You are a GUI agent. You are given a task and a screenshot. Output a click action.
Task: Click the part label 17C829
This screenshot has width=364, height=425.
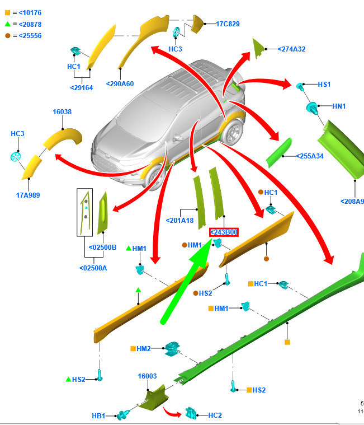pyautogui.click(x=228, y=24)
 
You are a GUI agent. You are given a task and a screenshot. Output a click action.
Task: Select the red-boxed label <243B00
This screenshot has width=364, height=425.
pyautogui.click(x=224, y=232)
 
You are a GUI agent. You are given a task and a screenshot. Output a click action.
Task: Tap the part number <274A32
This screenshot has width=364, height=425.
pyautogui.click(x=292, y=49)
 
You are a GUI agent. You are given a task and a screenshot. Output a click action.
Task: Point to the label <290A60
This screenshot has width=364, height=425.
pyautogui.click(x=120, y=84)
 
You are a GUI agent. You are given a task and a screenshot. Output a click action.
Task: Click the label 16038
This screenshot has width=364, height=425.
pyautogui.click(x=62, y=112)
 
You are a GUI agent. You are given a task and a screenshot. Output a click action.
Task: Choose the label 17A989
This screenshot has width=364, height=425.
pyautogui.click(x=28, y=195)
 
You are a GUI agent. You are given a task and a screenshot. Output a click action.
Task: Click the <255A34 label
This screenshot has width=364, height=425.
pyautogui.click(x=310, y=156)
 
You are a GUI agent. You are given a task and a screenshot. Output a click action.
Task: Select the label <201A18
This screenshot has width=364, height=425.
pyautogui.click(x=179, y=221)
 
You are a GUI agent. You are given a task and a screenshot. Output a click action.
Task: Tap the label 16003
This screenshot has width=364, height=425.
pyautogui.click(x=147, y=376)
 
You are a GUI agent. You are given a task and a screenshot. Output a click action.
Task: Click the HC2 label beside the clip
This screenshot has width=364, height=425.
pyautogui.click(x=215, y=415)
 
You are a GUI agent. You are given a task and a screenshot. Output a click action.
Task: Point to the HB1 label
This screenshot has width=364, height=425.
pyautogui.click(x=98, y=416)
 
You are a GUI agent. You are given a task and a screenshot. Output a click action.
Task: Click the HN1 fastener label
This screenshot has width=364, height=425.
pyautogui.click(x=339, y=106)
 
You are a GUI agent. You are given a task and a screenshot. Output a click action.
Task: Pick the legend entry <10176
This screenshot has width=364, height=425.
pyautogui.click(x=30, y=13)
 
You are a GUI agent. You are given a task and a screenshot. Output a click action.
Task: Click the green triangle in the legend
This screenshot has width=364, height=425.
pyautogui.click(x=8, y=24)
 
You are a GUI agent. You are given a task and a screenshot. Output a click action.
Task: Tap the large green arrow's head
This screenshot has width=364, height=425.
pyautogui.click(x=202, y=253)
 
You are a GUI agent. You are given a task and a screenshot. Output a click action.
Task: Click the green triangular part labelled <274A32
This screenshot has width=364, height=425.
pyautogui.click(x=258, y=48)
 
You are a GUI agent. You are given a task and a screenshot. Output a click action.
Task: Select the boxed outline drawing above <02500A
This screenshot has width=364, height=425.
pyautogui.click(x=84, y=212)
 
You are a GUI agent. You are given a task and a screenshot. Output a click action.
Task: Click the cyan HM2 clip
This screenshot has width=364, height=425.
pyautogui.click(x=172, y=348)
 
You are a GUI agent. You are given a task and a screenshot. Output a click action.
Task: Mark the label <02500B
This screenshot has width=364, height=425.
pyautogui.click(x=102, y=247)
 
